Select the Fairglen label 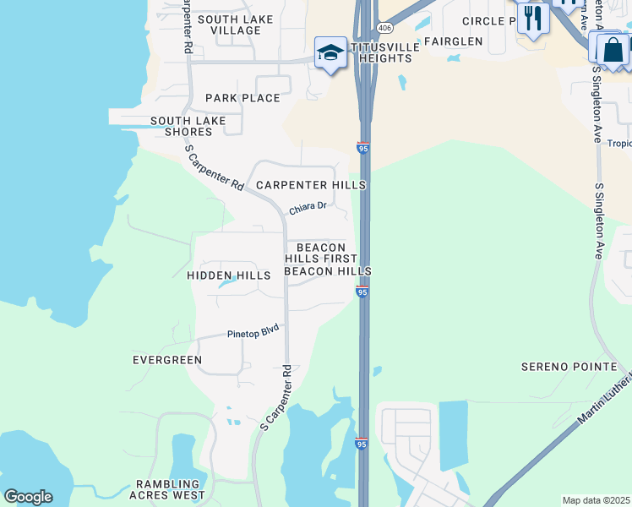coord(453,41)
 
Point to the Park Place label coord(242,98)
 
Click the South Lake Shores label coord(188,126)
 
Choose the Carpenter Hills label coord(311,185)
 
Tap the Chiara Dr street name coord(308,206)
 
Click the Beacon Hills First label coord(321,253)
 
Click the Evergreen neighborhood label coord(167,360)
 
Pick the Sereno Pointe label coord(569,367)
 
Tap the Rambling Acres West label coord(171,489)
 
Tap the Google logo coord(27,497)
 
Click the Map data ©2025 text coord(596,500)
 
